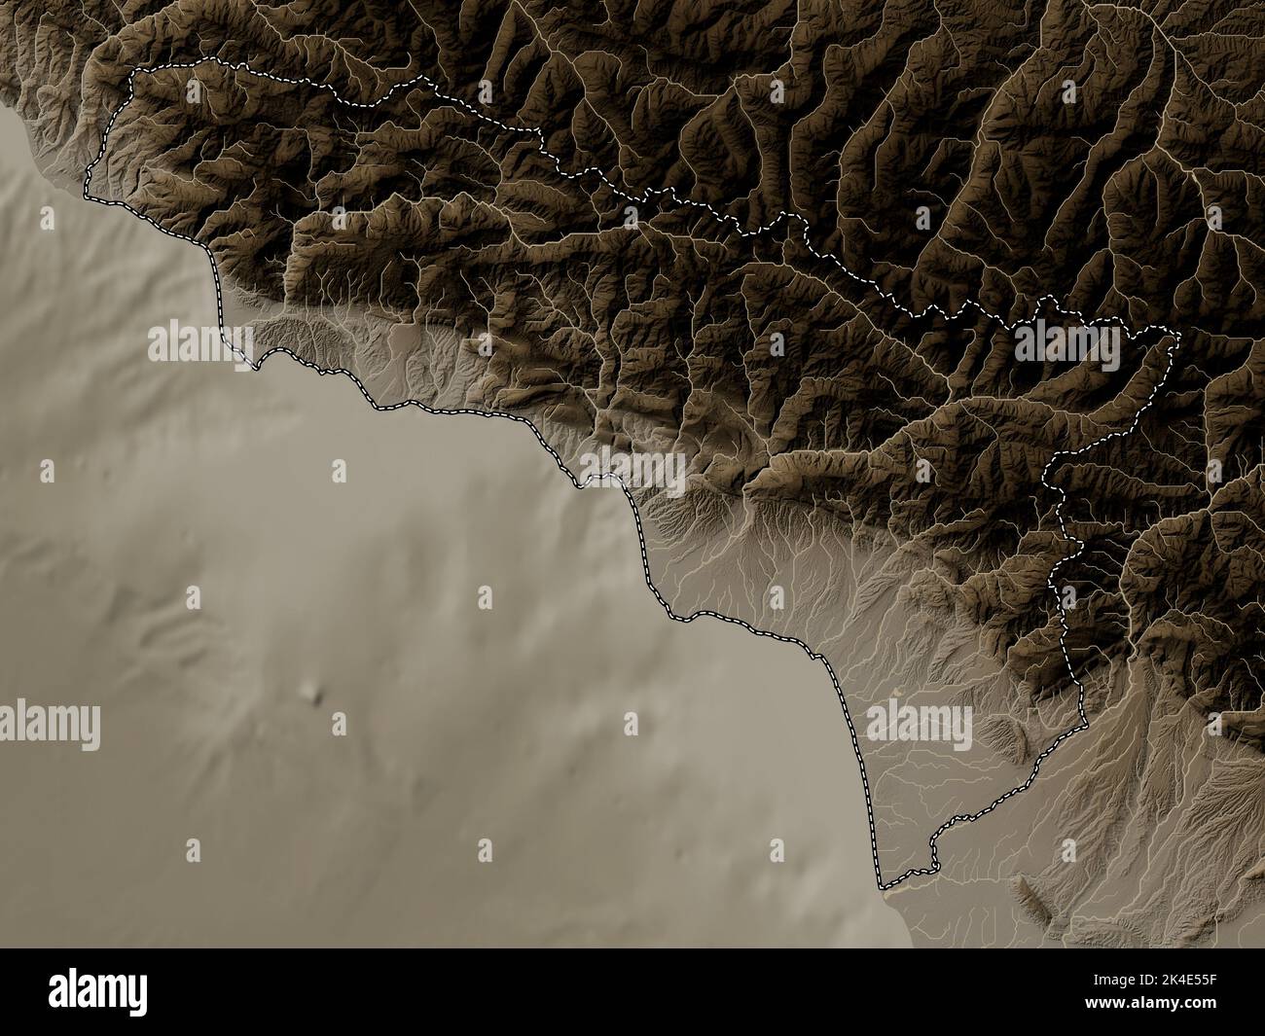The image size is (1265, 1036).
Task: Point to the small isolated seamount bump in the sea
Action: [312, 693]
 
